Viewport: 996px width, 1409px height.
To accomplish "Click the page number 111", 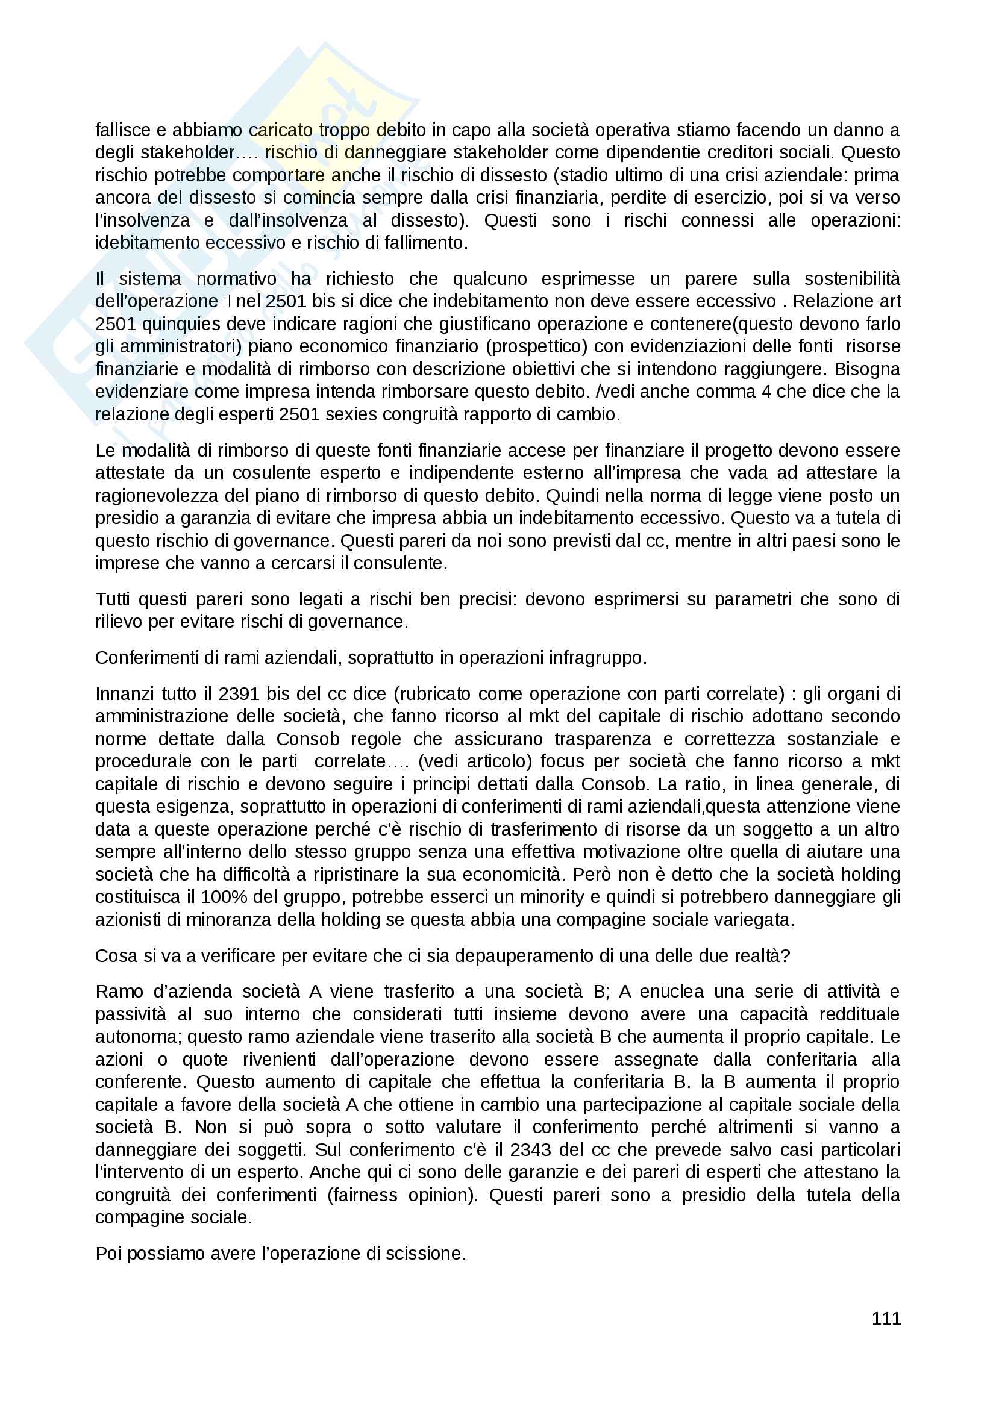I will [886, 1318].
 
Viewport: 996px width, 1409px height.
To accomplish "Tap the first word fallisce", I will [124, 130].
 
